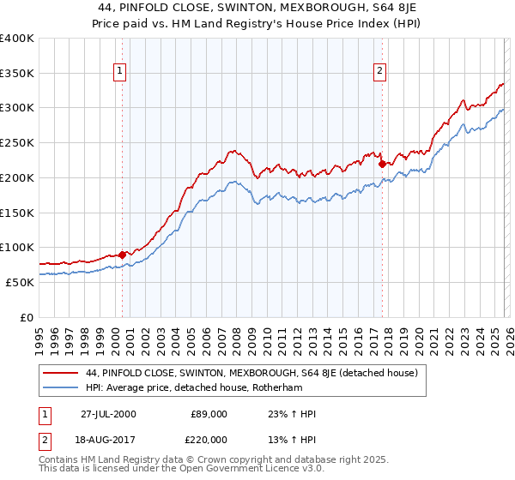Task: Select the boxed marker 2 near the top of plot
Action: pyautogui.click(x=379, y=72)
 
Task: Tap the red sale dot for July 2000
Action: pyautogui.click(x=123, y=255)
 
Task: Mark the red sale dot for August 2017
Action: pyautogui.click(x=382, y=163)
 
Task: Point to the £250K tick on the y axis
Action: pyautogui.click(x=17, y=143)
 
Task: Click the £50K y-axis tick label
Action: pyautogui.click(x=20, y=282)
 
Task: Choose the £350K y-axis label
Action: pyautogui.click(x=17, y=74)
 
